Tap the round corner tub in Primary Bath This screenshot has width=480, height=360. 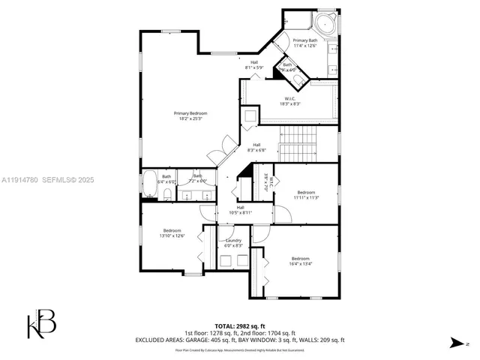[327, 22]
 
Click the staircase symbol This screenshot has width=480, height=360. [298, 142]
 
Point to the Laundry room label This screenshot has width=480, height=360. [233, 243]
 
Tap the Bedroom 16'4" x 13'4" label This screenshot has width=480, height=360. [300, 261]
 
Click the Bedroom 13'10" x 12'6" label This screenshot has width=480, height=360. [172, 233]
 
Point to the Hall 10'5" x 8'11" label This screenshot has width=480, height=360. [240, 210]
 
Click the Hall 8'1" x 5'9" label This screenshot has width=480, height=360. [254, 65]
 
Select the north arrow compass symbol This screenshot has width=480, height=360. [457, 343]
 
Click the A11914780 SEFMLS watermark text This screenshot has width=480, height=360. [47, 179]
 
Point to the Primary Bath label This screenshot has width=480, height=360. [305, 43]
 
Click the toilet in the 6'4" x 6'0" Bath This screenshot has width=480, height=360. [168, 193]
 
